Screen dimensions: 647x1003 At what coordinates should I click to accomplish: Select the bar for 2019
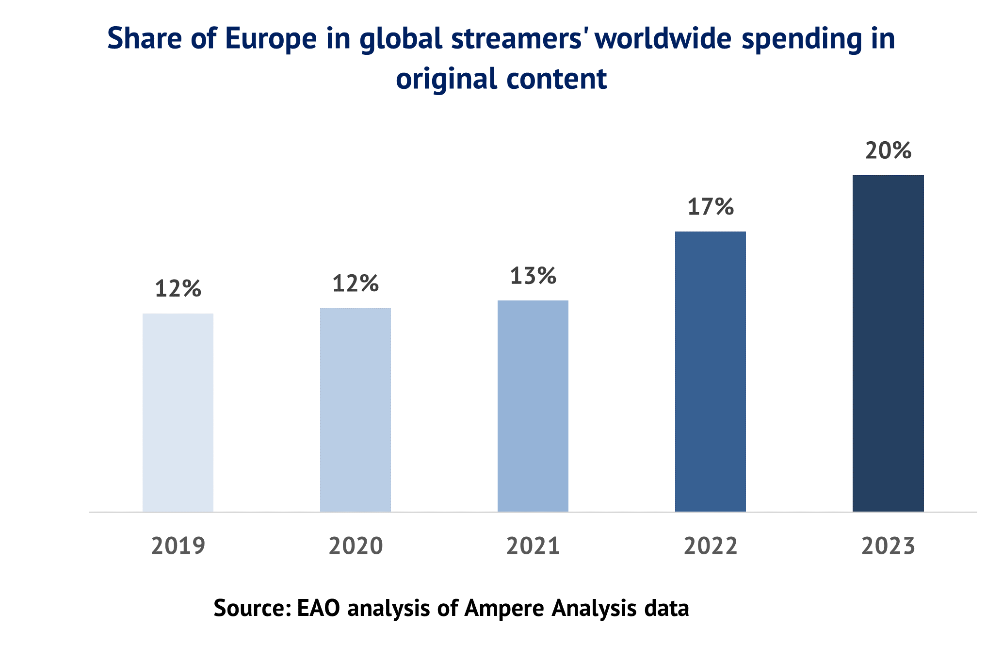[x=178, y=413]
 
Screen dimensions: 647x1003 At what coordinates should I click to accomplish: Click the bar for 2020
[x=356, y=410]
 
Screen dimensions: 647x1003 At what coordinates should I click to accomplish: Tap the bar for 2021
[x=533, y=406]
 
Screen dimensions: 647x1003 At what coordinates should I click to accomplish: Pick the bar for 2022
[x=711, y=371]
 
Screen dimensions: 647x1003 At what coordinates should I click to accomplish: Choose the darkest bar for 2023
[x=888, y=343]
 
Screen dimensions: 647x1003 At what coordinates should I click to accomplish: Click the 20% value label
[x=888, y=151]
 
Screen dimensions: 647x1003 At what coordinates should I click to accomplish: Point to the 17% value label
[x=711, y=207]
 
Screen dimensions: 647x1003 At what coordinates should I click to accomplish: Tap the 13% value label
[x=533, y=276]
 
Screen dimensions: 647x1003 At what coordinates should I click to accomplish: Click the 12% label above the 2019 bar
[x=178, y=289]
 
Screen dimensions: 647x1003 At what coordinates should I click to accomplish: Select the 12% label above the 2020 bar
[x=356, y=284]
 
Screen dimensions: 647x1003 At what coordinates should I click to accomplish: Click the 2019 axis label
[x=178, y=546]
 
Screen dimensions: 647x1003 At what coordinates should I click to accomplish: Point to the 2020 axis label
[x=356, y=546]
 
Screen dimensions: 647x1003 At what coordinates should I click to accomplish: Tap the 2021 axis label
[x=533, y=546]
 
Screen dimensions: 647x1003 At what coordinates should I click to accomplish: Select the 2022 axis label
[x=711, y=546]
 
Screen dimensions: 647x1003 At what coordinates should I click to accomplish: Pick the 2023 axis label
[x=888, y=546]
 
